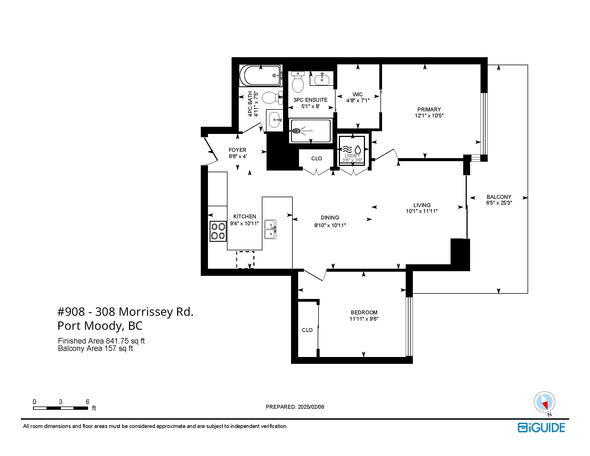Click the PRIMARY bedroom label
429,109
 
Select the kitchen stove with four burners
218,231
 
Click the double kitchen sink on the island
270,229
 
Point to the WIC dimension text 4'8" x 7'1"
358,101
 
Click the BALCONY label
499,197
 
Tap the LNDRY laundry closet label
352,156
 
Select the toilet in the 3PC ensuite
298,82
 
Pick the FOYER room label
237,150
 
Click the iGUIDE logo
541,428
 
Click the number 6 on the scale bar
87,402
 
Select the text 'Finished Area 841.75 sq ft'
101,341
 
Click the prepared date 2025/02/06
311,407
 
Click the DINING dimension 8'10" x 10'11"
330,225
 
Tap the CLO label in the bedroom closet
307,330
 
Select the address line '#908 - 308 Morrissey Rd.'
125,312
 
